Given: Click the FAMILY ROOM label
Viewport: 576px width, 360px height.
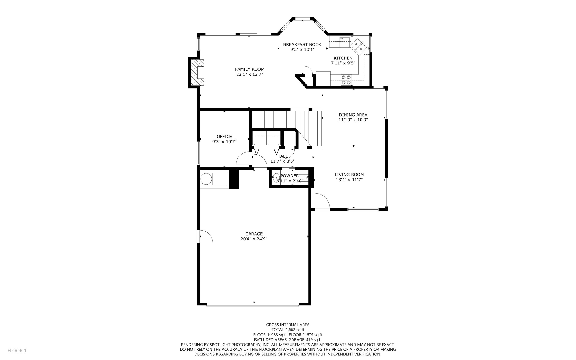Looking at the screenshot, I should click(249, 69).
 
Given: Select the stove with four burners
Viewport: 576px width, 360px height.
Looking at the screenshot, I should click(346, 80).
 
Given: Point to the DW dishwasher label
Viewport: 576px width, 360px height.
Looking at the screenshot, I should click(342, 39).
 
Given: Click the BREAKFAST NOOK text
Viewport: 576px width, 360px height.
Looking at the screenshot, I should click(302, 44).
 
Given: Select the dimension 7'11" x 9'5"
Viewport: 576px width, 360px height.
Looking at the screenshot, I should click(343, 63).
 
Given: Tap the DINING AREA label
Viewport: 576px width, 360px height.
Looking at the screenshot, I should click(353, 115).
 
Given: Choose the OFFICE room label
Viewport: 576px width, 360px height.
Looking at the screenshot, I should click(224, 137).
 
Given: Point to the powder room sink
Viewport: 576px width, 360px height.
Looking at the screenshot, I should click(276, 178).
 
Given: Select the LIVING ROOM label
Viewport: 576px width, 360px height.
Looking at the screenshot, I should click(349, 175).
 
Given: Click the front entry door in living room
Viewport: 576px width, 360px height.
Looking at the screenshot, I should click(322, 201).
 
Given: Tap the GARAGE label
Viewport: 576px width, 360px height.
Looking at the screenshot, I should click(254, 234).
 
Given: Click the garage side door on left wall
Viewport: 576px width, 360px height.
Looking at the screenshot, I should click(205, 236).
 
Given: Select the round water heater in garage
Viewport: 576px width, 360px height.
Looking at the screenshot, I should click(206, 179).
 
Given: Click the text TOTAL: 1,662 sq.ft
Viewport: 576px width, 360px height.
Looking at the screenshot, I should click(288, 330).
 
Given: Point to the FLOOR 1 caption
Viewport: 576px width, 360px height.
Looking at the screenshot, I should click(17, 350).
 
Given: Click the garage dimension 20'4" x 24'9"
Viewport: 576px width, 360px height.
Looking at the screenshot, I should click(254, 239).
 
